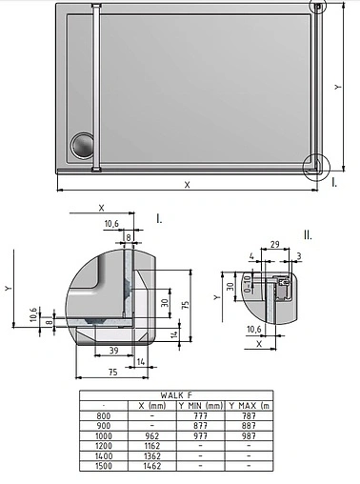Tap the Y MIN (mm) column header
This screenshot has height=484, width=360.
pyautogui.click(x=201, y=405)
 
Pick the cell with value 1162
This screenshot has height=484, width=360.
pyautogui.click(x=152, y=446)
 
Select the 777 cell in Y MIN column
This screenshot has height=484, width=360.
pyautogui.click(x=201, y=415)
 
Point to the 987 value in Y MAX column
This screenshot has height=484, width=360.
pyautogui.click(x=249, y=435)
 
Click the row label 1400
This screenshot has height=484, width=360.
pyautogui.click(x=103, y=456)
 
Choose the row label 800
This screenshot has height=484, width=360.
pyautogui.click(x=103, y=415)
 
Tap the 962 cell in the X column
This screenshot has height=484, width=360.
pyautogui.click(x=152, y=435)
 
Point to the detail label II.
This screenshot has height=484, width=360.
pyautogui.click(x=307, y=233)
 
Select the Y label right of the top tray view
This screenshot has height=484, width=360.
pyautogui.click(x=338, y=87)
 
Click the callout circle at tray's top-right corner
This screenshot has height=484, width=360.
pyautogui.click(x=318, y=6)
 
